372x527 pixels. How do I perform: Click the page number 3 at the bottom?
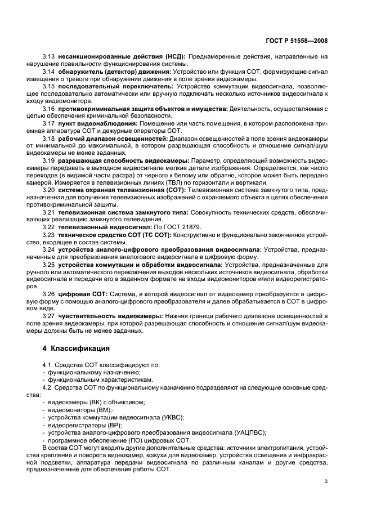coord(327,481)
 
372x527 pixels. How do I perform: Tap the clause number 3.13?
coord(48,57)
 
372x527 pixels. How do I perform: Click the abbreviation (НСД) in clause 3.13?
coord(174,57)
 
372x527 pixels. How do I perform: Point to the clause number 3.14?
coord(48,73)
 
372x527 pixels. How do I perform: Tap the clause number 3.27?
coord(48,317)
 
